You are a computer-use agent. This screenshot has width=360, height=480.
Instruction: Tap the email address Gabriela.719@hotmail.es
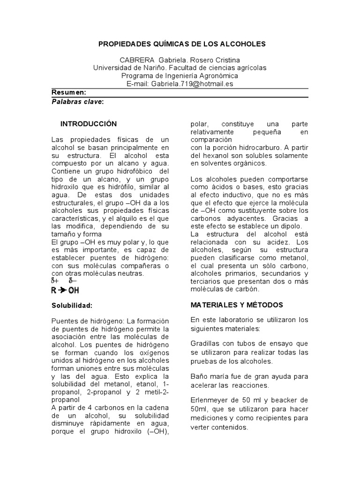(x=192, y=83)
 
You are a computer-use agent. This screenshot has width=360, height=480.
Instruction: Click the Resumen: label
(x=68, y=92)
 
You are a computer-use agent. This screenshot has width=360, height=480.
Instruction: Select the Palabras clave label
(x=77, y=101)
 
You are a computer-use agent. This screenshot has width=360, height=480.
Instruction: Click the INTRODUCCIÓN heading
(x=88, y=124)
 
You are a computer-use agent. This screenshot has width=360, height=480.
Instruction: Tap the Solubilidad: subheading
(x=72, y=305)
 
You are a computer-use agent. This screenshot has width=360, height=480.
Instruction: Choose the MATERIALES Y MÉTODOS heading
(x=237, y=305)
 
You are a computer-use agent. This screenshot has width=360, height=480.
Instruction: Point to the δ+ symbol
(x=55, y=281)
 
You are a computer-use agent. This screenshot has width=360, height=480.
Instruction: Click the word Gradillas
(x=206, y=344)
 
